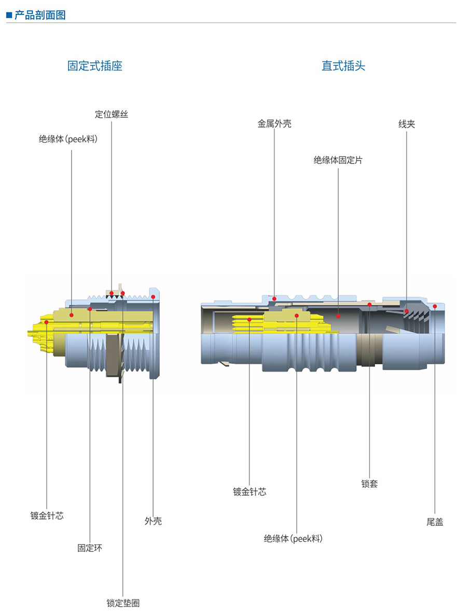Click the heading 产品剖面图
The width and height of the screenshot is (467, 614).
click(x=40, y=15)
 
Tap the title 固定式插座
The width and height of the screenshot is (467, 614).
click(x=95, y=66)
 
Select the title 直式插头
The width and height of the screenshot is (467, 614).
click(x=344, y=66)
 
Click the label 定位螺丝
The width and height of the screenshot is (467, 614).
click(x=112, y=114)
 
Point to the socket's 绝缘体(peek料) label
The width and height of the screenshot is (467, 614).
click(x=68, y=139)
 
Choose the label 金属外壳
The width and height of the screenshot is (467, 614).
click(x=274, y=124)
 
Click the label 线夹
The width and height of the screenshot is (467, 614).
click(x=407, y=124)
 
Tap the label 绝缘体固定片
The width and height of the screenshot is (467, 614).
click(x=338, y=160)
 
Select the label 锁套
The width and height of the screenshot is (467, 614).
click(x=369, y=484)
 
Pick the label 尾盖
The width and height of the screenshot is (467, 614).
click(x=435, y=522)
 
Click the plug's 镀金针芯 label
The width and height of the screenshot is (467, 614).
click(x=250, y=492)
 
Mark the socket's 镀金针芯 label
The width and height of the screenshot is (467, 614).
click(x=47, y=516)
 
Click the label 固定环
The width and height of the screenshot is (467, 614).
click(x=90, y=548)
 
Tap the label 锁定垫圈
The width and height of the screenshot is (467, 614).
click(x=123, y=603)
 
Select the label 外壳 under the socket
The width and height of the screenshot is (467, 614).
click(x=153, y=521)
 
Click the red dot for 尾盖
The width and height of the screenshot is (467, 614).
click(x=434, y=306)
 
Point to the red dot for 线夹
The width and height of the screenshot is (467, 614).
click(x=406, y=311)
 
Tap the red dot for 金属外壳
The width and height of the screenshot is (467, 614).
click(x=274, y=299)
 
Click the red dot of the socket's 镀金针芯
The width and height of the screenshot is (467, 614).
click(x=47, y=322)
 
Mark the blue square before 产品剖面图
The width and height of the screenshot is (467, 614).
click(x=9, y=15)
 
